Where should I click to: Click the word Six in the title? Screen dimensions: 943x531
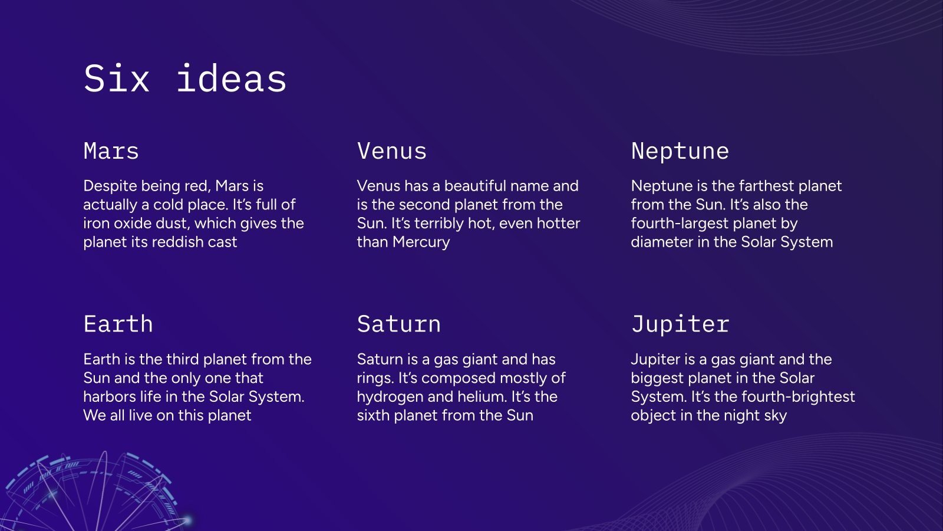click(117, 78)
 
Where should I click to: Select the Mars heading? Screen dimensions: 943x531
click(111, 151)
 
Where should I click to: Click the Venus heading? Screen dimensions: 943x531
click(392, 151)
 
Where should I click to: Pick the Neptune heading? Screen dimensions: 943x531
click(680, 152)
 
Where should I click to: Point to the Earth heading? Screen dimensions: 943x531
click(118, 324)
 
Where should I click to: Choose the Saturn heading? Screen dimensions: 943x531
click(398, 324)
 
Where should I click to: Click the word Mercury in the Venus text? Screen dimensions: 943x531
click(421, 242)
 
